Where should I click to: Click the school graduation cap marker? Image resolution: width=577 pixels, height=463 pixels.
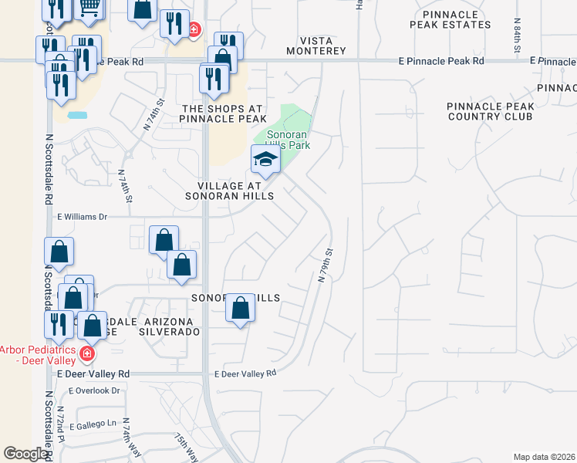[265, 159]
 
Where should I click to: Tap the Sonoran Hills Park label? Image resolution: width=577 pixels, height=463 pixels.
[287, 139]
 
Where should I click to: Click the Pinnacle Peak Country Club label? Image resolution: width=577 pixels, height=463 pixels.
[490, 111]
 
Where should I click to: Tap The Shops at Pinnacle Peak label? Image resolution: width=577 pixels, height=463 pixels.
[223, 113]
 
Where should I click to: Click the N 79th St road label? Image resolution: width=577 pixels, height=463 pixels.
[325, 265]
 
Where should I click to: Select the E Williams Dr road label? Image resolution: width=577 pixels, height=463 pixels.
[82, 218]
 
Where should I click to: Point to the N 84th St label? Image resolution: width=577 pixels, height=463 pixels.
[515, 36]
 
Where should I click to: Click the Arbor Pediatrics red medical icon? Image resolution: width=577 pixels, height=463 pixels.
[87, 354]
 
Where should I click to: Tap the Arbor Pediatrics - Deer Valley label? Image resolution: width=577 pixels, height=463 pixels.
[37, 354]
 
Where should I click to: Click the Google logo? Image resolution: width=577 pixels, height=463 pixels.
[25, 454]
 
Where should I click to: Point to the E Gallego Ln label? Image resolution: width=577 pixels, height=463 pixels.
[93, 425]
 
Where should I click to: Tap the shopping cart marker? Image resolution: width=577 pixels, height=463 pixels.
[89, 8]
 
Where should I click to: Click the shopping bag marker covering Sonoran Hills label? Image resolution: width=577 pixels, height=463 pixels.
[241, 309]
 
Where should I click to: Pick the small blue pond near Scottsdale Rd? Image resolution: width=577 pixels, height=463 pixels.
[77, 116]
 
